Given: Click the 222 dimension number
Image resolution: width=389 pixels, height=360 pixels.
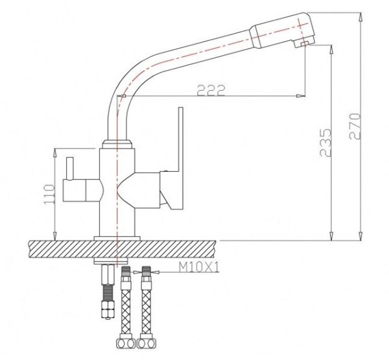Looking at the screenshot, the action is pyautogui.click(x=211, y=90).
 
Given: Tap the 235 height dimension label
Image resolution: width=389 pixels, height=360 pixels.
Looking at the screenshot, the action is pyautogui.click(x=325, y=142).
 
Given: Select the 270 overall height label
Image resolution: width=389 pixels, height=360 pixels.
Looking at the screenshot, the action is pyautogui.click(x=355, y=126).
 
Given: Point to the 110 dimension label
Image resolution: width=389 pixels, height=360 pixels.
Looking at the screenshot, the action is pyautogui.click(x=49, y=195).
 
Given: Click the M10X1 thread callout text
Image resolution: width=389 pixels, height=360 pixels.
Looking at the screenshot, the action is pyautogui.click(x=199, y=267).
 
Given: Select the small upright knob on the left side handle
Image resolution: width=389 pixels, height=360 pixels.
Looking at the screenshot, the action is pyautogui.click(x=69, y=168).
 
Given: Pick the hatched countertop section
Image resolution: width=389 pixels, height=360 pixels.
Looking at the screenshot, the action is pyautogui.click(x=122, y=249).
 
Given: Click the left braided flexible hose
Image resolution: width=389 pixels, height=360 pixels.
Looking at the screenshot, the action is pyautogui.click(x=126, y=303).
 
